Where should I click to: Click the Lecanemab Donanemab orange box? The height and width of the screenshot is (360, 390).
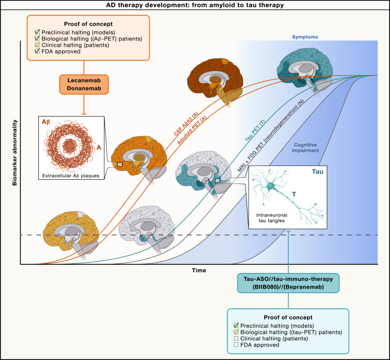83,84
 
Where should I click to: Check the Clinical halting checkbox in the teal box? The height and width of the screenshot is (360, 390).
236,338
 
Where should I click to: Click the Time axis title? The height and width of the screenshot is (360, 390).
198,270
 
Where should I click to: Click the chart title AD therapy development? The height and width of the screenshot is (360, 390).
195,5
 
